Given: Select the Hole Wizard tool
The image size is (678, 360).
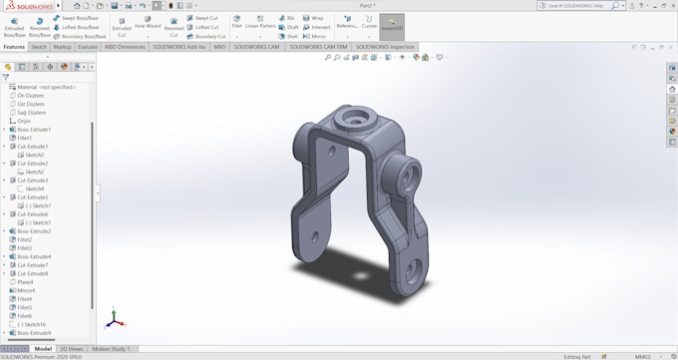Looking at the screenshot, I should coord(148,22).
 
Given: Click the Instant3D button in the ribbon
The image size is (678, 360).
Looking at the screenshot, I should coord(392,24).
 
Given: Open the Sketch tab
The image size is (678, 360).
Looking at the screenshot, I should coord(39,47).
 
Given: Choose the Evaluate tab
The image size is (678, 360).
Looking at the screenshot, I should coord(88,47).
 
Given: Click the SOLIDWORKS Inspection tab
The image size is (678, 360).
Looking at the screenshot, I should coord(387,47).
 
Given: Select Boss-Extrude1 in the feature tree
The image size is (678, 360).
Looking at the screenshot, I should coord(34,130).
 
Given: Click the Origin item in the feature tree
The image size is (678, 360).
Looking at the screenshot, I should coord(24,121).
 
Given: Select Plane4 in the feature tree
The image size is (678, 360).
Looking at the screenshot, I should coord(25,282).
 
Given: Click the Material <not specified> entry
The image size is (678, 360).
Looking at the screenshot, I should coord(46,87).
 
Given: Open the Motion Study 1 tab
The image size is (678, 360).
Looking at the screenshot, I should coord(111,349).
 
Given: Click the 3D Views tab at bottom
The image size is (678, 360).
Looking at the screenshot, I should coord(72,349).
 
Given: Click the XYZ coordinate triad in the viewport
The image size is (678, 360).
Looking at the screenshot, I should coord(114,319).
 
